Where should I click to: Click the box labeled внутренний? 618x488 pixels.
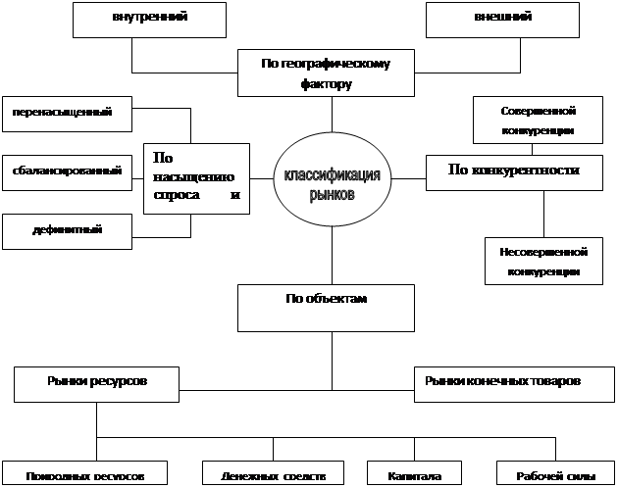(x=150, y=19)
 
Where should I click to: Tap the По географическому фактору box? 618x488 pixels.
(x=327, y=73)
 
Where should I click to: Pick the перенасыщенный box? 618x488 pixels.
(x=64, y=114)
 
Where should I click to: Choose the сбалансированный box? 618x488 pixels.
(x=64, y=171)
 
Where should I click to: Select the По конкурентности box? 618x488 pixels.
(x=513, y=171)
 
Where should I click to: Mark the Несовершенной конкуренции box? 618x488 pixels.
(x=542, y=261)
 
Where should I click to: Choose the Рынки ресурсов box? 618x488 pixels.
(x=96, y=383)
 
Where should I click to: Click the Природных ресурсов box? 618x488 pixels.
(x=88, y=475)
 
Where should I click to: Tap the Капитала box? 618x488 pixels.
(x=408, y=475)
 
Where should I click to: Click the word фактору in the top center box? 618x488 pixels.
(x=327, y=84)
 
